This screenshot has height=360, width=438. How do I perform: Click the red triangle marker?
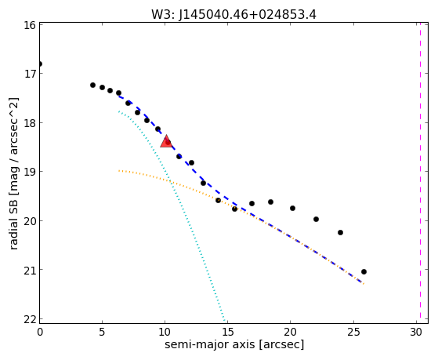pyautogui.click(x=166, y=141)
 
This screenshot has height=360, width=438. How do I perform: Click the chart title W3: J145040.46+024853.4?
pyautogui.click(x=233, y=15)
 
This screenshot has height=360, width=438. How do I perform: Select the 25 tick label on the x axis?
pyautogui.click(x=353, y=332)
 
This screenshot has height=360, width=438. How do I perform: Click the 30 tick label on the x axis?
pyautogui.click(x=416, y=332)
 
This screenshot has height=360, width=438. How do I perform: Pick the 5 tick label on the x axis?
pyautogui.click(x=102, y=332)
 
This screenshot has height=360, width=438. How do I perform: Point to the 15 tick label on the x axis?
pyautogui.click(x=228, y=332)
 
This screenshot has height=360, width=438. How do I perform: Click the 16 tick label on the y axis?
pyautogui.click(x=30, y=25)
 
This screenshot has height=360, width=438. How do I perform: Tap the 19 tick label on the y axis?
pyautogui.click(x=30, y=172)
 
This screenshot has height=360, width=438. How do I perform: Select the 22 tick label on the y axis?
pyautogui.click(x=30, y=319)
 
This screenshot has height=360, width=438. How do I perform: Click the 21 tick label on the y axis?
pyautogui.click(x=30, y=270)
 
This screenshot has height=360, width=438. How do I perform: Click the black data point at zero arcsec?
pyautogui.click(x=40, y=64)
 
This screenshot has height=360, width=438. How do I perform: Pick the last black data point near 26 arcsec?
pyautogui.click(x=364, y=271)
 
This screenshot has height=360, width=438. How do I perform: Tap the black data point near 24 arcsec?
pyautogui.click(x=340, y=232)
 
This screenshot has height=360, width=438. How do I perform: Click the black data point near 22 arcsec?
pyautogui.click(x=316, y=220)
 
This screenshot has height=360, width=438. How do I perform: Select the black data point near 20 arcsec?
pyautogui.click(x=292, y=208)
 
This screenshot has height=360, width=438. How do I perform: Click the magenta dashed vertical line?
pyautogui.click(x=420, y=173)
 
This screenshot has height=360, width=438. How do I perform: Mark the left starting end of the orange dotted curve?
pyautogui.click(x=119, y=170)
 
